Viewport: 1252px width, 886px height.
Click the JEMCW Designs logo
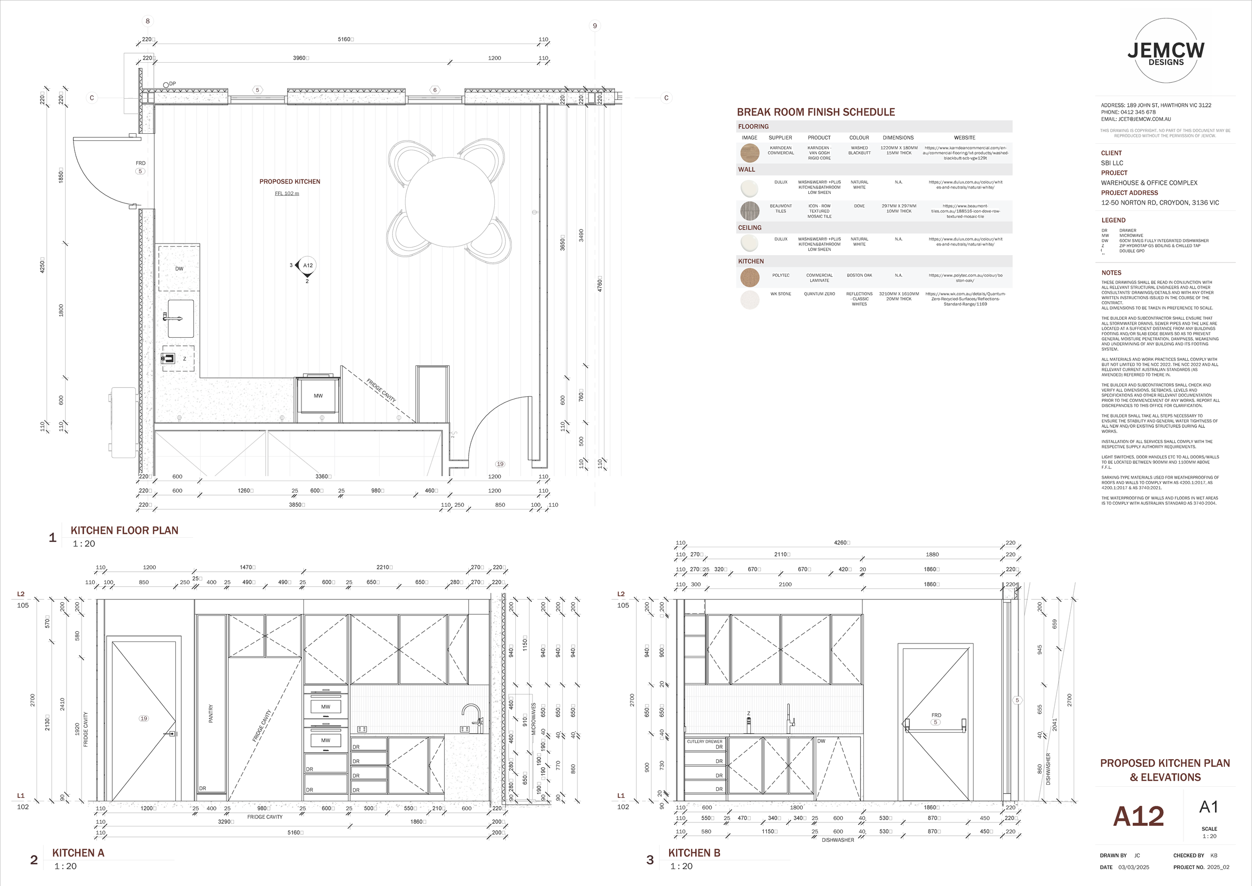click(x=1166, y=51)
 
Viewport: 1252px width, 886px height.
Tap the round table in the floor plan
click(x=449, y=202)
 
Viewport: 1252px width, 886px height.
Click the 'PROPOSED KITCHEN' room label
click(x=289, y=182)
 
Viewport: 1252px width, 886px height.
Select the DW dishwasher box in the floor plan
click(x=179, y=269)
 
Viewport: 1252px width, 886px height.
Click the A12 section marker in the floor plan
click(x=307, y=266)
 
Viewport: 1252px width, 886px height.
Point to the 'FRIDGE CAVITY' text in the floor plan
click(x=381, y=390)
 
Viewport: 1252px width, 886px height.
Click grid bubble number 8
click(x=147, y=21)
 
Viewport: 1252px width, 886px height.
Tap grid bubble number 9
click(x=594, y=26)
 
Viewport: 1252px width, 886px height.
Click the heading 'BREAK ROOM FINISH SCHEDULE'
click(x=816, y=112)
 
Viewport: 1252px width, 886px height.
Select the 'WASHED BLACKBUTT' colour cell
click(x=859, y=150)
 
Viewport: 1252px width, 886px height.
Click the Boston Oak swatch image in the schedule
click(x=750, y=278)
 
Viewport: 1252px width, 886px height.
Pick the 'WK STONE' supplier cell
click(x=780, y=294)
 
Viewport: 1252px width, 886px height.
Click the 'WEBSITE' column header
click(x=964, y=137)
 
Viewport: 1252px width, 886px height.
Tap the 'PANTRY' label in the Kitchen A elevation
click(x=211, y=714)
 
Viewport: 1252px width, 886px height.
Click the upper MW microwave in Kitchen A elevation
click(x=326, y=707)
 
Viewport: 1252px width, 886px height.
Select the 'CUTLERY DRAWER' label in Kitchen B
click(x=704, y=742)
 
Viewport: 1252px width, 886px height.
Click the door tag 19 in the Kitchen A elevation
click(x=144, y=719)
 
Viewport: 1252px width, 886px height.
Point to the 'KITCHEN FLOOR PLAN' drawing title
click(x=124, y=530)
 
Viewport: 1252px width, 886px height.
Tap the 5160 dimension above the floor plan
click(x=345, y=39)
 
